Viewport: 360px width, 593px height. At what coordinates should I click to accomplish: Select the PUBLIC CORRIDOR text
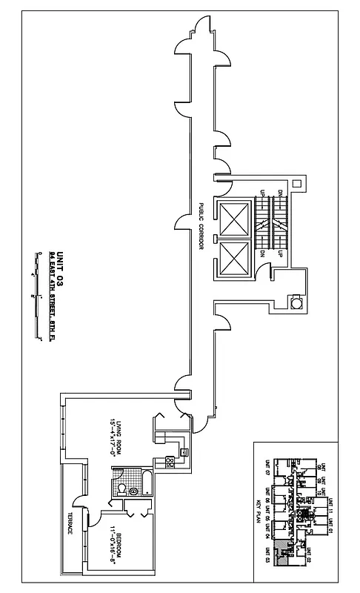(200, 226)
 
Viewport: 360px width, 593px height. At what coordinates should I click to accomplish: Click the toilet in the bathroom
(121, 488)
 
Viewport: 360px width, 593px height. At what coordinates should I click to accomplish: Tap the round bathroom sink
(133, 490)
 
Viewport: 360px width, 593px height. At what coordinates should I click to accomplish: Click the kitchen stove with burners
(170, 462)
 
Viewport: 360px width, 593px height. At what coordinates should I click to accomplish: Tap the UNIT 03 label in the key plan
(266, 557)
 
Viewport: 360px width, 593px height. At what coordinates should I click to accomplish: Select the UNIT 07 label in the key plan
(266, 467)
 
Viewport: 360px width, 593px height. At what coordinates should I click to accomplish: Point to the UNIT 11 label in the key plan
(330, 506)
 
